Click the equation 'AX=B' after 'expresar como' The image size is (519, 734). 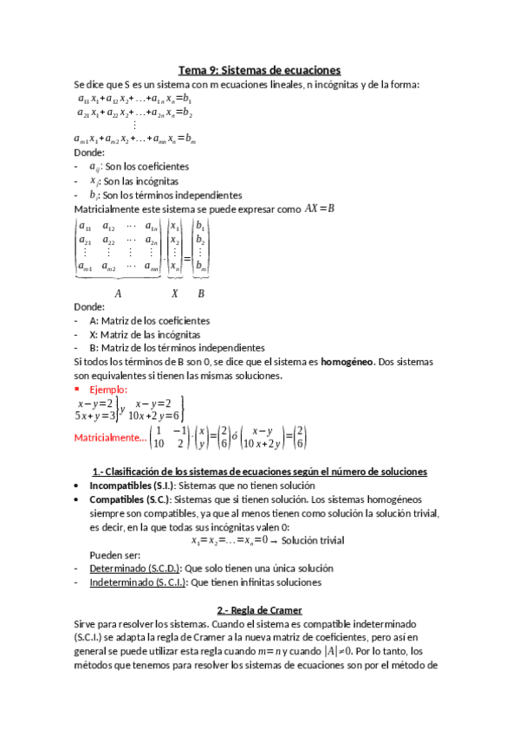pos(319,209)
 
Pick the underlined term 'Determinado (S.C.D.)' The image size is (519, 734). pos(134,569)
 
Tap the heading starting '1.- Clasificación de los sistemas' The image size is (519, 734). pos(259,472)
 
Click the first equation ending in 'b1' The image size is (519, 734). pos(134,100)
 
